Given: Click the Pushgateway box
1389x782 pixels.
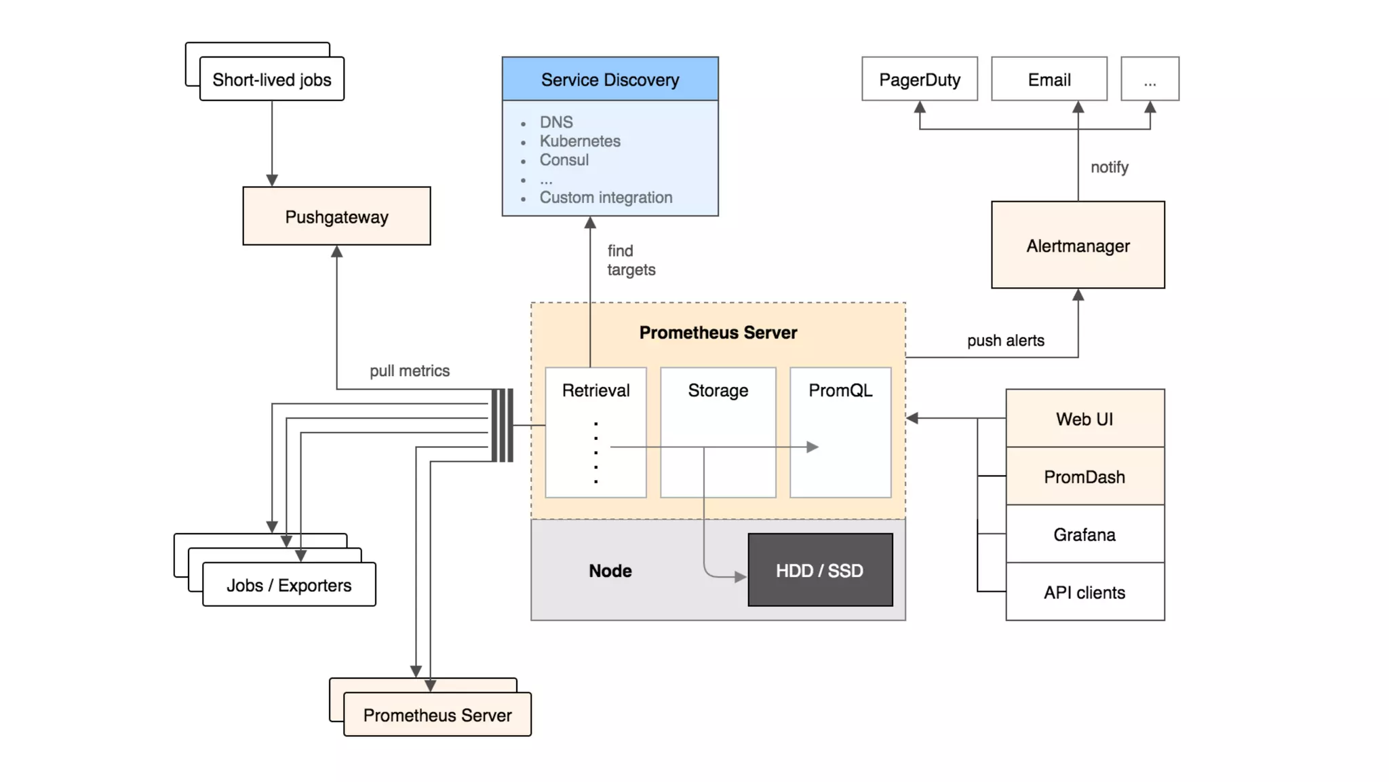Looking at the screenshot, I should pyautogui.click(x=336, y=217).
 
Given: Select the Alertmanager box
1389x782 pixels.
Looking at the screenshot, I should pyautogui.click(x=1078, y=245).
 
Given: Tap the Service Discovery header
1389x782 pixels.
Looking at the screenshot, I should pyautogui.click(x=610, y=79).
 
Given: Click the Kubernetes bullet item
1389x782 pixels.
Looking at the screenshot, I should pyautogui.click(x=580, y=141).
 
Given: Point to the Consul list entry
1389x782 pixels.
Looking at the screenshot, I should pyautogui.click(x=564, y=160).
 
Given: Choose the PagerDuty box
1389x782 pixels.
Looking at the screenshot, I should pyautogui.click(x=920, y=79).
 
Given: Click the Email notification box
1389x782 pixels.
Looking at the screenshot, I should pyautogui.click(x=1049, y=79).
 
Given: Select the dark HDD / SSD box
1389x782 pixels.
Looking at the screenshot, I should pyautogui.click(x=820, y=570).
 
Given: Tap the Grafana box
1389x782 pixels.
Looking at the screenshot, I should pyautogui.click(x=1084, y=535).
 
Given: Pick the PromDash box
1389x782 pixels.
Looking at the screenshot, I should pyautogui.click(x=1084, y=477).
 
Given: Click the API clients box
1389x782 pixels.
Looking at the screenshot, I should pyautogui.click(x=1084, y=593).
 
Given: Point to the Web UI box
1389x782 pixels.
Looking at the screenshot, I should pyautogui.click(x=1084, y=419).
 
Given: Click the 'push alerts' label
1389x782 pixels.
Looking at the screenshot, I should pyautogui.click(x=1005, y=341).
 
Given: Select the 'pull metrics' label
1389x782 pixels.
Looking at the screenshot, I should pyautogui.click(x=410, y=371).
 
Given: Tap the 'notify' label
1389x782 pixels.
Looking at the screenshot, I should pyautogui.click(x=1110, y=167).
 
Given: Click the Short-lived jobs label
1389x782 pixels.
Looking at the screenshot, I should pyautogui.click(x=272, y=79).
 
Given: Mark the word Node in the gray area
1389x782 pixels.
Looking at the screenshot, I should pyautogui.click(x=610, y=571).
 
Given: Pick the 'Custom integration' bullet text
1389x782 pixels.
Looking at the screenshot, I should pyautogui.click(x=606, y=198).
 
